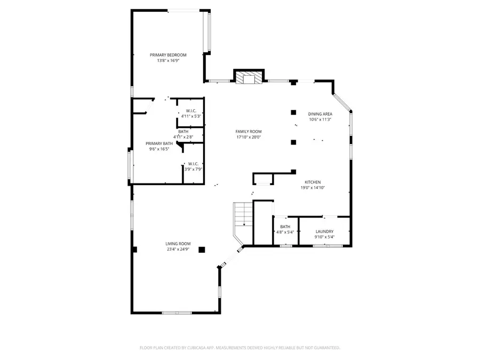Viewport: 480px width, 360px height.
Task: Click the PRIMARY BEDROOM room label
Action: pyautogui.click(x=168, y=55)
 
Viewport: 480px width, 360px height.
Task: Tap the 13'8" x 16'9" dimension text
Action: pyautogui.click(x=168, y=61)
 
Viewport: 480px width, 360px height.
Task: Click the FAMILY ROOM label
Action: pyautogui.click(x=249, y=131)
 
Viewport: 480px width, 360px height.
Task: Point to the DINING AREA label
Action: pyautogui.click(x=320, y=114)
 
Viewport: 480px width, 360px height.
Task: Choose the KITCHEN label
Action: pyautogui.click(x=313, y=182)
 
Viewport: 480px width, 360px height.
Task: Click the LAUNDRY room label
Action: pyautogui.click(x=324, y=231)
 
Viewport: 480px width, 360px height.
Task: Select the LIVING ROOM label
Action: pyautogui.click(x=178, y=243)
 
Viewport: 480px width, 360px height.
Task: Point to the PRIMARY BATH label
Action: pyautogui.click(x=159, y=143)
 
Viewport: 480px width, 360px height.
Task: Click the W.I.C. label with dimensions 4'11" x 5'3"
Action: pyautogui.click(x=190, y=110)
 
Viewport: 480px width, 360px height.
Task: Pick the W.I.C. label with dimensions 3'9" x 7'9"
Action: pyautogui.click(x=193, y=164)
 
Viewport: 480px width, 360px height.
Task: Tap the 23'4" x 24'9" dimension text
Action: pyautogui.click(x=178, y=249)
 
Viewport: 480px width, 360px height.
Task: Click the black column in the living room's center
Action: pyautogui.click(x=202, y=249)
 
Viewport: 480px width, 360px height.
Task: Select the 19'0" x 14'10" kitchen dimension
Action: pyautogui.click(x=313, y=188)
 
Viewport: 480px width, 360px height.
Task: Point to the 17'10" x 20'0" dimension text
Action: pyautogui.click(x=249, y=137)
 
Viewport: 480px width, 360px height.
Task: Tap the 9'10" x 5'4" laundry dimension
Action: pyautogui.click(x=324, y=237)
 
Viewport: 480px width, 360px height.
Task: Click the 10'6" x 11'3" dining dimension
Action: pyautogui.click(x=320, y=119)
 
